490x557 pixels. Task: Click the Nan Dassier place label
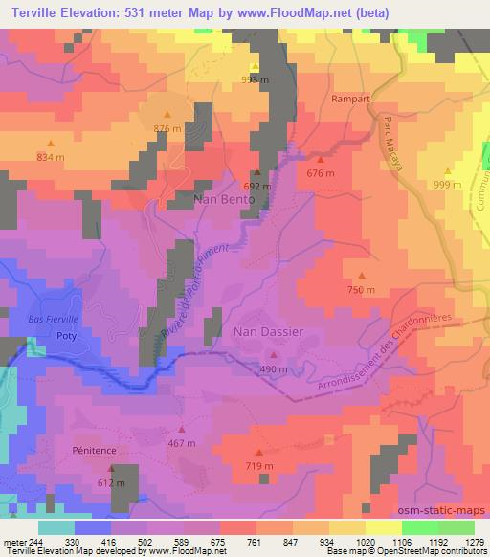[x=269, y=331]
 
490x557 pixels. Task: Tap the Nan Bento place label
[x=224, y=199]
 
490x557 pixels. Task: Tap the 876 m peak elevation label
[x=167, y=128]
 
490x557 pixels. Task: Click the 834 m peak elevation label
[x=52, y=156]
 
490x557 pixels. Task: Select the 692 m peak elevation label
[x=257, y=187]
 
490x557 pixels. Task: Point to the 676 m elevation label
[x=321, y=173]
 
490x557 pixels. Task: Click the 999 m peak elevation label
[x=447, y=185]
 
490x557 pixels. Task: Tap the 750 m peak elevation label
[x=361, y=290]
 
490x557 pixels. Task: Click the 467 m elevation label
[x=181, y=443]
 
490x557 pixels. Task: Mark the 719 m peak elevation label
[x=259, y=465]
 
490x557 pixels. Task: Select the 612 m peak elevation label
[x=111, y=484]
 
